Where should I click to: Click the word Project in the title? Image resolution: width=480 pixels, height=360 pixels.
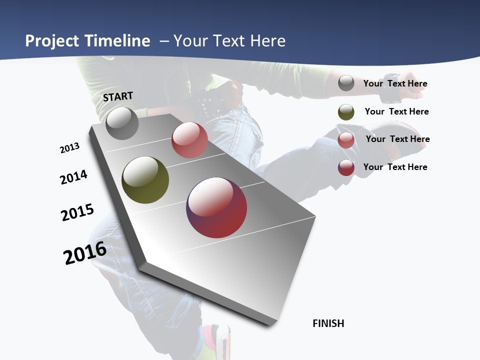click(x=52, y=41)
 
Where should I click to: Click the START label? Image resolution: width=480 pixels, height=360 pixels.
click(x=118, y=96)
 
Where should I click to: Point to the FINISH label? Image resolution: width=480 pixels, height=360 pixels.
click(x=328, y=323)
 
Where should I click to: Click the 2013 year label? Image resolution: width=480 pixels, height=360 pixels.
click(x=69, y=148)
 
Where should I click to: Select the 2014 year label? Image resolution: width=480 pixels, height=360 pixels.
click(x=74, y=177)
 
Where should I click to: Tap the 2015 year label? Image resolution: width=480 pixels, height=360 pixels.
click(x=77, y=212)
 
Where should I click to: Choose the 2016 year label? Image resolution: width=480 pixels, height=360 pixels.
click(x=85, y=253)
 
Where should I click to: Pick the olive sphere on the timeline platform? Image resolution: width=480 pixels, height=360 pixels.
click(x=145, y=180)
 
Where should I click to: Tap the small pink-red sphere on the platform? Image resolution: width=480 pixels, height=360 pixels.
click(x=189, y=140)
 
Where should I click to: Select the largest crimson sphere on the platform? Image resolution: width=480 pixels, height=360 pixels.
click(x=216, y=207)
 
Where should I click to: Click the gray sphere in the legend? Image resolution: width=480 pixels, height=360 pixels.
click(x=346, y=83)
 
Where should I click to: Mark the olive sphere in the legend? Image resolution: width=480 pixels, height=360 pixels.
click(x=346, y=112)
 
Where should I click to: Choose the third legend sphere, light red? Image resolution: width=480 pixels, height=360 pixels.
click(x=346, y=140)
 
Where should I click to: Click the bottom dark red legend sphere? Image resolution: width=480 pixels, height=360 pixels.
click(x=346, y=167)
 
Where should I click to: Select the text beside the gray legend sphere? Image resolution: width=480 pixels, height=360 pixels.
click(x=395, y=83)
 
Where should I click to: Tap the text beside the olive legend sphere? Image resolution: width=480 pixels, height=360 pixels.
click(x=396, y=111)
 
